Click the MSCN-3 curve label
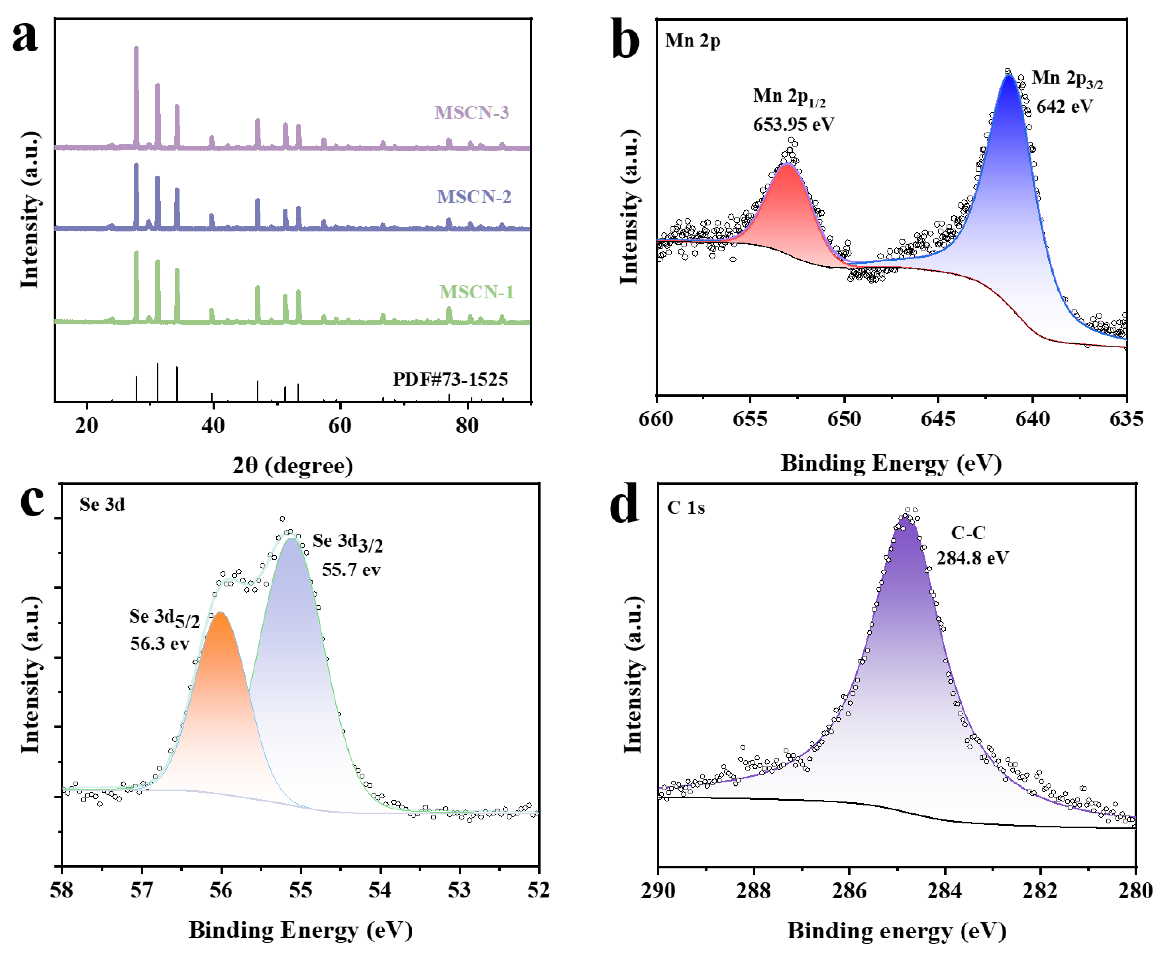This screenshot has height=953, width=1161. point(472,112)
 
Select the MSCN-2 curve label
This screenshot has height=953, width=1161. point(474,197)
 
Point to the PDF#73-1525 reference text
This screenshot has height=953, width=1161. point(450,379)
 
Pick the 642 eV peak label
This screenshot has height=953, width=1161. point(1064,106)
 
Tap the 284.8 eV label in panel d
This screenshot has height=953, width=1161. point(972,558)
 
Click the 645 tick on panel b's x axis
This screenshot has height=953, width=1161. point(938,419)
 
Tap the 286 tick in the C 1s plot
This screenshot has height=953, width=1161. point(849,890)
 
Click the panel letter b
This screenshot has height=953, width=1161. point(625,40)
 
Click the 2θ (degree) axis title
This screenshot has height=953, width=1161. point(292,466)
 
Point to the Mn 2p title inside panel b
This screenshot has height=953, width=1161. point(692,40)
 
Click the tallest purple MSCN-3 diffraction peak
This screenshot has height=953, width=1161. point(136,48)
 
